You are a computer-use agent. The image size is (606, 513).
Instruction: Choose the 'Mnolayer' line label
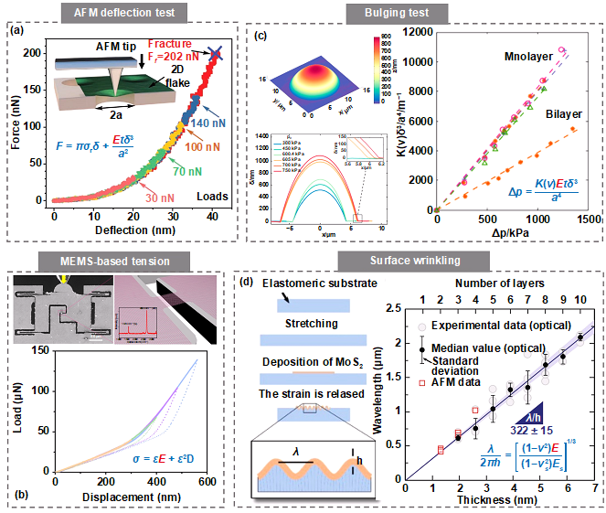tap(526, 58)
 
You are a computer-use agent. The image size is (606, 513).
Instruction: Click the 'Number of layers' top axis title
tap(501, 283)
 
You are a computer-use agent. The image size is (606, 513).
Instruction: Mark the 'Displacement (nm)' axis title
tap(128, 498)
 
